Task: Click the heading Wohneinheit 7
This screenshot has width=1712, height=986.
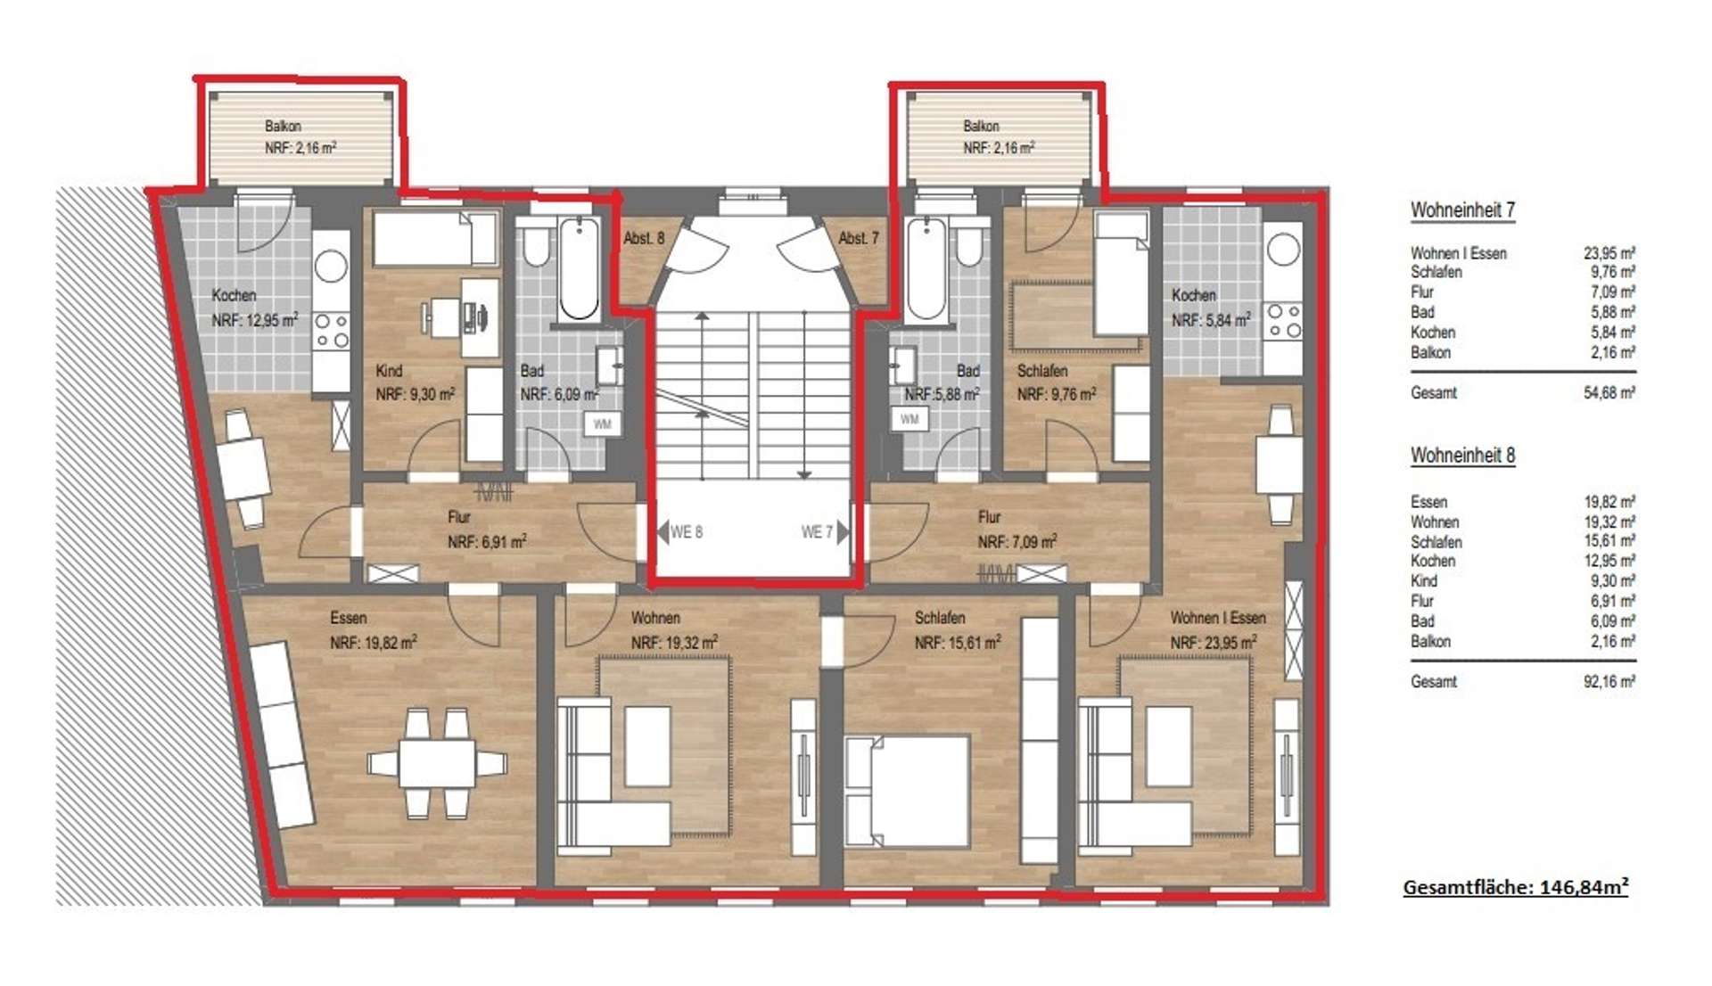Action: pyautogui.click(x=1462, y=210)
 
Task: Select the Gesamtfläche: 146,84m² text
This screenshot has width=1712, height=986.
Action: pyautogui.click(x=1516, y=886)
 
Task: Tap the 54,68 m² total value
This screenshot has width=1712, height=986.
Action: pyautogui.click(x=1609, y=392)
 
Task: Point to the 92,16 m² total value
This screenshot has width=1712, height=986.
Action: pyautogui.click(x=1609, y=682)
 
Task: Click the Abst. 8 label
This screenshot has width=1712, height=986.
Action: pyautogui.click(x=644, y=238)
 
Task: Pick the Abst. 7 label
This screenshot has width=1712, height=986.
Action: pyautogui.click(x=859, y=238)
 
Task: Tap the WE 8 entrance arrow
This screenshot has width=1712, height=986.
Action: pyautogui.click(x=663, y=532)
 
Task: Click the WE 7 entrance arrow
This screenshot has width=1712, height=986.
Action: pyautogui.click(x=843, y=532)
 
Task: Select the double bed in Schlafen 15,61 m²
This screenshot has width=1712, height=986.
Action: pyautogui.click(x=907, y=791)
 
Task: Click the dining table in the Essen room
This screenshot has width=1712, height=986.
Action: pyautogui.click(x=437, y=763)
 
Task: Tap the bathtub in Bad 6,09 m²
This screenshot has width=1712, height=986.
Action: pyautogui.click(x=579, y=267)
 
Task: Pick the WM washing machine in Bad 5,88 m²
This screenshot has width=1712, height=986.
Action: pyautogui.click(x=909, y=419)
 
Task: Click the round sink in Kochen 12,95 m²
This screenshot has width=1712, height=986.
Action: pyautogui.click(x=331, y=266)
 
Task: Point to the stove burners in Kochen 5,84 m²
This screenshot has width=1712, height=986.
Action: pyautogui.click(x=1284, y=321)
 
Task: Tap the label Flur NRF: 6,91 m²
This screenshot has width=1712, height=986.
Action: pyautogui.click(x=486, y=530)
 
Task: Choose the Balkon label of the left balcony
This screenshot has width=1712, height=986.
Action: pyautogui.click(x=283, y=127)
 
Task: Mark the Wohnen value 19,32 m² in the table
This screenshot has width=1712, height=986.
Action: pyautogui.click(x=1609, y=522)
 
